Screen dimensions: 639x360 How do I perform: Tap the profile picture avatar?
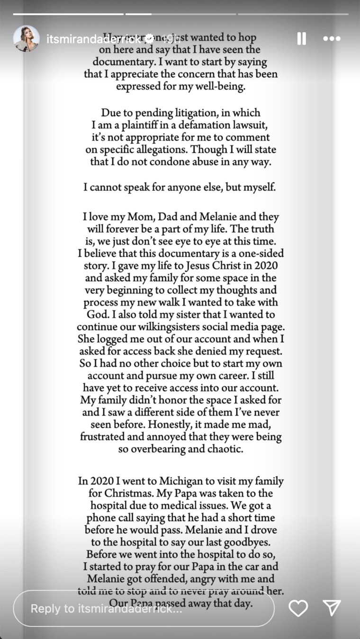click(x=27, y=38)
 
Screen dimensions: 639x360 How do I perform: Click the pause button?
click(x=301, y=39)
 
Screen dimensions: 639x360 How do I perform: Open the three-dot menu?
click(x=332, y=39)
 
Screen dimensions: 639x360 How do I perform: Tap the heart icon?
click(x=298, y=608)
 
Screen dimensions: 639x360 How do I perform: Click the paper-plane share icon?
click(x=332, y=608)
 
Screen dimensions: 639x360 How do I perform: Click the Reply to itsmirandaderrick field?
click(x=142, y=608)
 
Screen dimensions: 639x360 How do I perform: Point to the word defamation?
click(x=207, y=125)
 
